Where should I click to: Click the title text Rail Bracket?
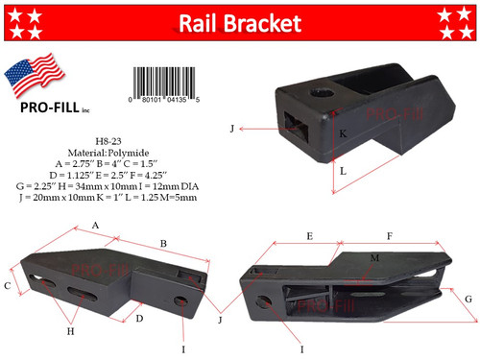pos(241,23)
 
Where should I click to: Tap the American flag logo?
pos(35,81)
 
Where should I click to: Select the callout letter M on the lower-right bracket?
pos(375,258)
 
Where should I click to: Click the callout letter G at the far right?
pos(468,299)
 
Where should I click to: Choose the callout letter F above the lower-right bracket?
pos(388,234)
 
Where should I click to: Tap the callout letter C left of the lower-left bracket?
pos(8,285)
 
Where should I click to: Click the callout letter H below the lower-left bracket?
pos(69,331)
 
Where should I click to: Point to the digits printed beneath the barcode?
pos(165,99)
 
